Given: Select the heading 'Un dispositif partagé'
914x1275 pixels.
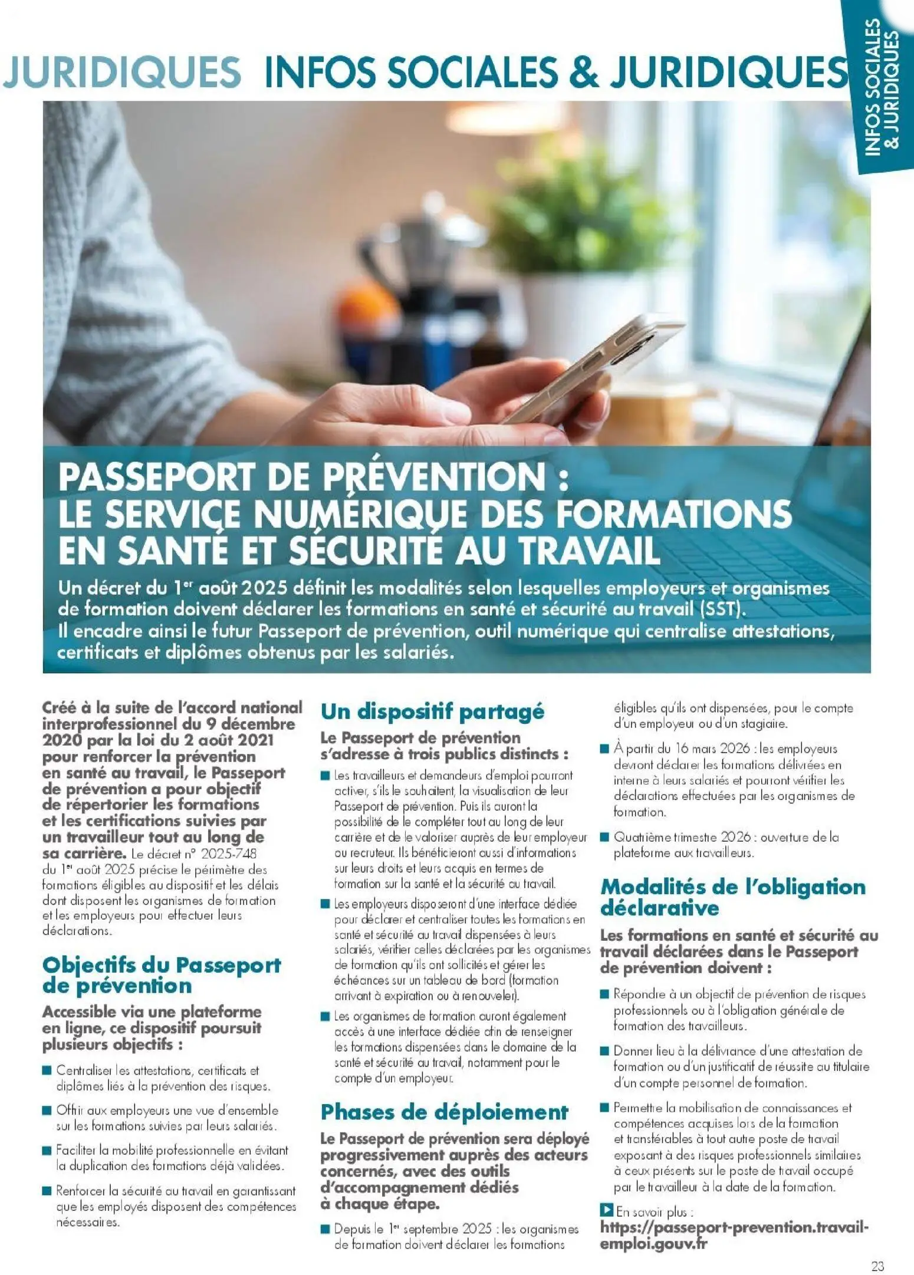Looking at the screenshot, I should click(432, 711).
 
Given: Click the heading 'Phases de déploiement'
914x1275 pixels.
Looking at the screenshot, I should click(444, 1112).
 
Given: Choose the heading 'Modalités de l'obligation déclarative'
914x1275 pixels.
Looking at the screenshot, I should click(732, 897).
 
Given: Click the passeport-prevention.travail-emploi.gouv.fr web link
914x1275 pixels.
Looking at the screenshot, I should click(734, 1235).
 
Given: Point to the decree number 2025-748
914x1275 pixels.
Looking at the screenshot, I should click(229, 854).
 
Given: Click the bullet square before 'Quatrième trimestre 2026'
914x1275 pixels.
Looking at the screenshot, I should click(604, 836).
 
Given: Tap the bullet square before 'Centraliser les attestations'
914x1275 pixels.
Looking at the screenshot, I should click(47, 1070).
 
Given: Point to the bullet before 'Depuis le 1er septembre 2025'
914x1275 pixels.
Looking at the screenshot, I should click(325, 1229).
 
